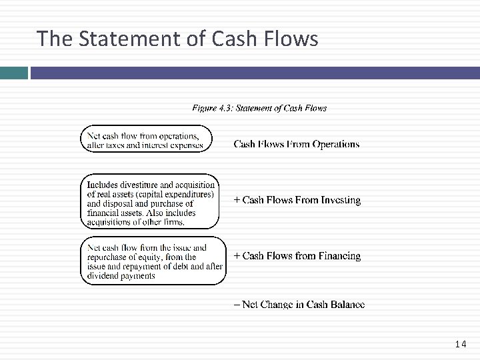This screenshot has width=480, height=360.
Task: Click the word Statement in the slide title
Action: tap(126, 39)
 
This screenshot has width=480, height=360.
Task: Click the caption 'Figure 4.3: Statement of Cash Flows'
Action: tap(259, 108)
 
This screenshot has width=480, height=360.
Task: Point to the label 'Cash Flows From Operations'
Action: tap(296, 144)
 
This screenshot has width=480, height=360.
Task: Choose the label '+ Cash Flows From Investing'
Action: tap(297, 200)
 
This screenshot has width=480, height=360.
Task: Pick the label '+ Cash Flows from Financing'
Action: tap(297, 256)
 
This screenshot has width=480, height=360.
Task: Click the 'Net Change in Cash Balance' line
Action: tap(299, 305)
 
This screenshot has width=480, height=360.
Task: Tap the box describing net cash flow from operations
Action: tap(146, 139)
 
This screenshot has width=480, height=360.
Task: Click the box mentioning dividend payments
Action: tap(153, 261)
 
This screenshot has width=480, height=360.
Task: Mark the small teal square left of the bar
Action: tap(13, 72)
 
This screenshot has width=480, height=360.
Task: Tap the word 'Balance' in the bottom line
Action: tap(346, 305)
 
